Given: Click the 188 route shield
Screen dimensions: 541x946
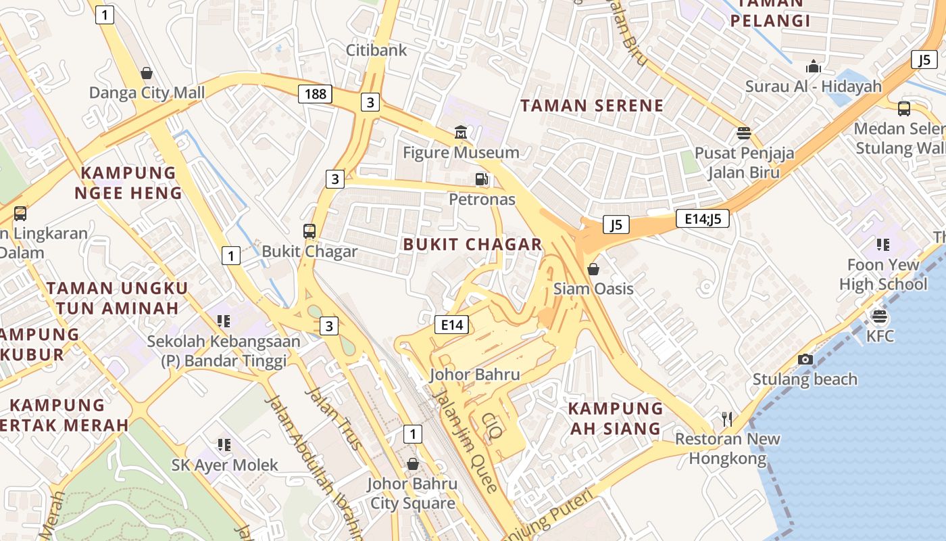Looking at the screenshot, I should point(316,93).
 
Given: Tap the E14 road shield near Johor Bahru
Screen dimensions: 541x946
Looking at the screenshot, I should point(452,325).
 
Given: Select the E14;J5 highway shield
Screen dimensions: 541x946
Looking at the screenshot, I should point(702,218).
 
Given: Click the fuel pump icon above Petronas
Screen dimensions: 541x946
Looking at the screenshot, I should point(482,179).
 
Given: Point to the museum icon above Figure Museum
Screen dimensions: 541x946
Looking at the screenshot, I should point(461,132).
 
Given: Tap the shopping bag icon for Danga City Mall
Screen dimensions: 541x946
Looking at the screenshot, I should point(147,72).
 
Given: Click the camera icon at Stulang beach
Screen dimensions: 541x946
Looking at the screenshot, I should point(805,359).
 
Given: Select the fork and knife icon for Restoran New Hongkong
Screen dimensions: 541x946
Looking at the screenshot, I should point(727,419).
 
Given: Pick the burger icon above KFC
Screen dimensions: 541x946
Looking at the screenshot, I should point(879,316).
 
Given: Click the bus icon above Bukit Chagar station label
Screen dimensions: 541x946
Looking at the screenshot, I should point(309,231).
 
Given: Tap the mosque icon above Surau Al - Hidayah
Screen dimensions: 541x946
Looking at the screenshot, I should point(814,66).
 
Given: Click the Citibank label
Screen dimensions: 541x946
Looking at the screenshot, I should point(376,50).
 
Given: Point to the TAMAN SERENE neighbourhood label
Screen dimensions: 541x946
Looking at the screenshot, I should point(592,105).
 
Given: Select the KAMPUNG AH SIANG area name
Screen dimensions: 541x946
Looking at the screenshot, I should point(616,418).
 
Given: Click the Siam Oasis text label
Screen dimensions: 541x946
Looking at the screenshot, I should point(593,289).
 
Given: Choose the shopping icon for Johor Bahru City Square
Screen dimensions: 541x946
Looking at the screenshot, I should point(412,464).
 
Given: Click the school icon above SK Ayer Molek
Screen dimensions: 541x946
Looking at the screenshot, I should point(224,444).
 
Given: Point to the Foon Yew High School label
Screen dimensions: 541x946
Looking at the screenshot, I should point(882,274).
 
